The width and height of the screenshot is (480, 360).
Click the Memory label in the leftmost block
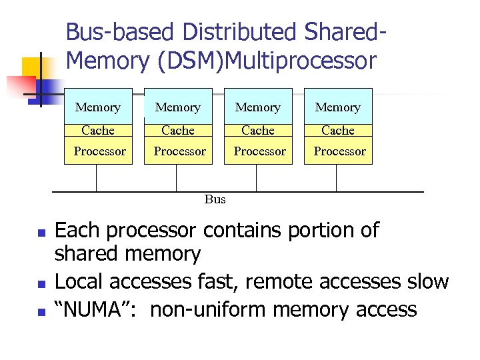pos(98,107)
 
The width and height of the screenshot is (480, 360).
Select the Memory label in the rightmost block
pos(337,107)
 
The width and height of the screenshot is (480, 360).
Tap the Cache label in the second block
pos(178,131)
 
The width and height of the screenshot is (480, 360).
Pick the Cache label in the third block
pos(258,131)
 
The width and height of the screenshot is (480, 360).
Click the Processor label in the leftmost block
pos(99,151)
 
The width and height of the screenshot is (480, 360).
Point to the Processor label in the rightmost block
pos(339,151)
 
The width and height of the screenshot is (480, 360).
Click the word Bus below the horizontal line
pos(215,199)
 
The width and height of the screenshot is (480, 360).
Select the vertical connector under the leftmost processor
pos(97,178)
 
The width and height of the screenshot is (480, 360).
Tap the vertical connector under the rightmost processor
pos(337,178)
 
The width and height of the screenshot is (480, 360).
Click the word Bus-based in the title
pos(120,32)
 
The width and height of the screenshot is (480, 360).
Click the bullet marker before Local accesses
pos(41,285)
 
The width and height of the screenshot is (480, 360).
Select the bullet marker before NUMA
pos(41,312)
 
